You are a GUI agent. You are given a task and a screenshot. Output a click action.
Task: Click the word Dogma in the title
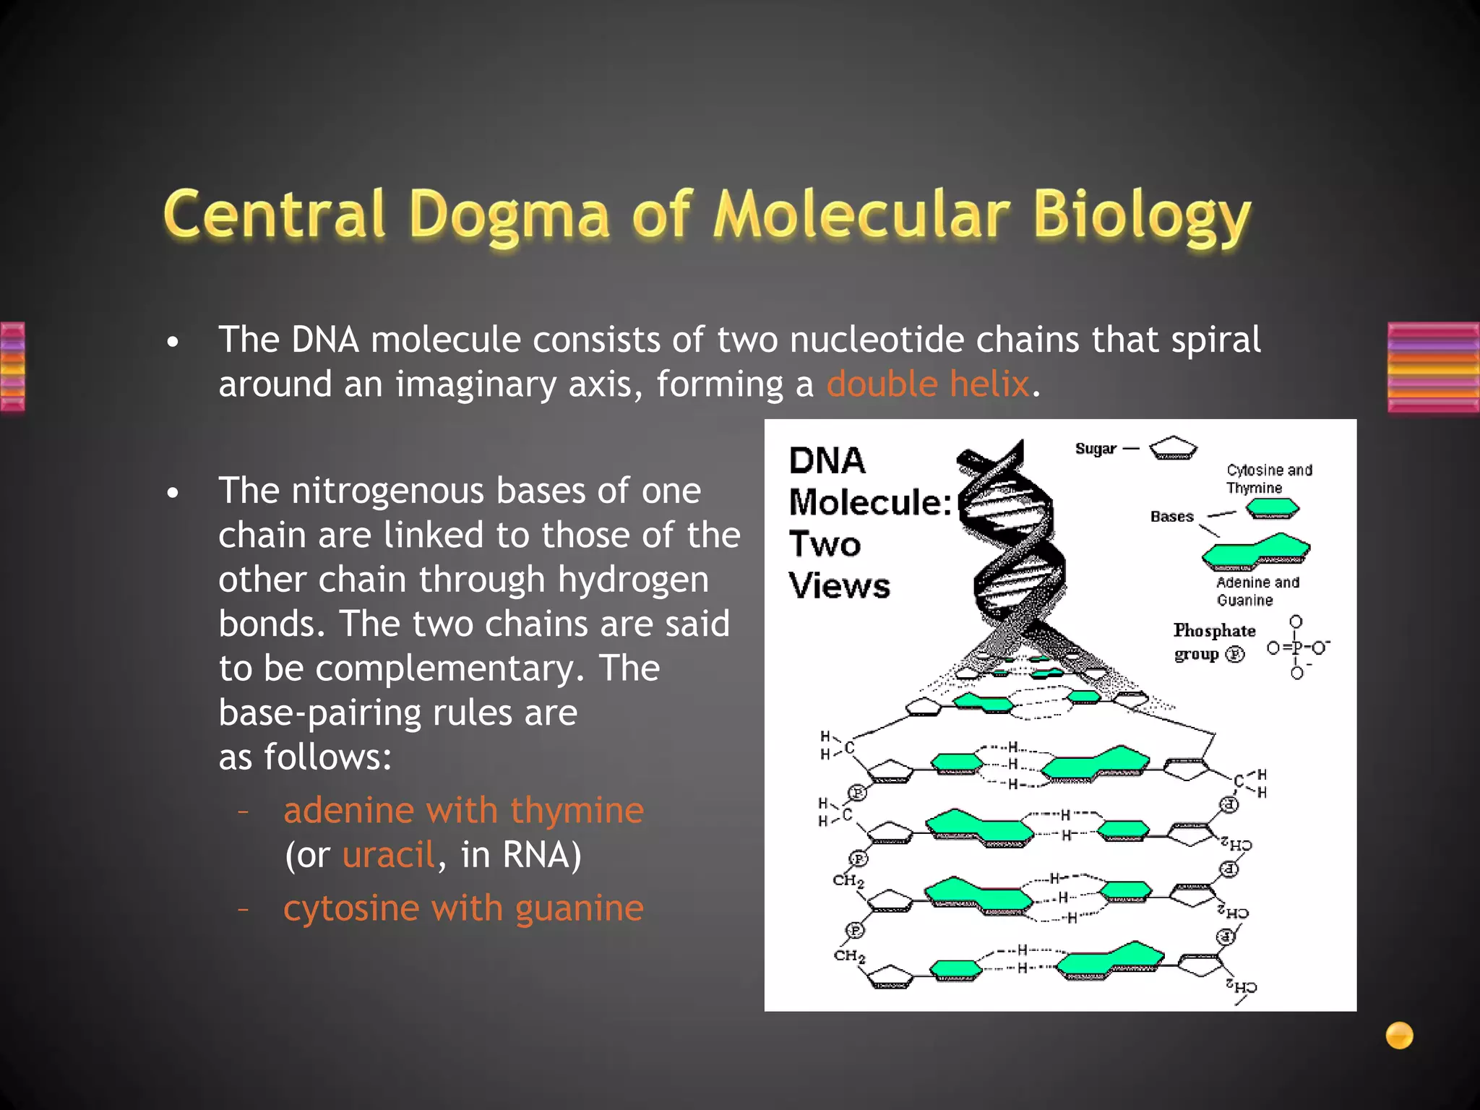[x=509, y=215]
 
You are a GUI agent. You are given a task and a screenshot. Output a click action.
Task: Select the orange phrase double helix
[x=927, y=384]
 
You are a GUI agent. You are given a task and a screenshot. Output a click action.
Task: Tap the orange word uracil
[x=388, y=855]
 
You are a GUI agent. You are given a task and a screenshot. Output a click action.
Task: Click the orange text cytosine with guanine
[x=463, y=908]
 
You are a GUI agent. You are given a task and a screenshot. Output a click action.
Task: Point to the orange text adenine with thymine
[x=463, y=810]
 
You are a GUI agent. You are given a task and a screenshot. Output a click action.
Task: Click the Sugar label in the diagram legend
[x=1096, y=449]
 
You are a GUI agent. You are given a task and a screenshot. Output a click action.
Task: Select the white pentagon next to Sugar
[x=1173, y=448]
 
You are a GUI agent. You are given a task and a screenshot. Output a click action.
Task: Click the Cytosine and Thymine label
[x=1268, y=478]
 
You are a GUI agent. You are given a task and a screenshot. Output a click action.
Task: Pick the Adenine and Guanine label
[x=1257, y=591]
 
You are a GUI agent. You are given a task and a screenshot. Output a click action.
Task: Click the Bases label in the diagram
[x=1171, y=517]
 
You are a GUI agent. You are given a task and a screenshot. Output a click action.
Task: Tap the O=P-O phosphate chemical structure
[x=1297, y=647]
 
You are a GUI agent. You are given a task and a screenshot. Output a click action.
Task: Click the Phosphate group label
[x=1213, y=642]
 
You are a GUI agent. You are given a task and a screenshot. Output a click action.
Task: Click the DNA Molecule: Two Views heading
[x=867, y=522]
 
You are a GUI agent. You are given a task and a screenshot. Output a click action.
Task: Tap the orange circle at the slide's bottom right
[x=1399, y=1036]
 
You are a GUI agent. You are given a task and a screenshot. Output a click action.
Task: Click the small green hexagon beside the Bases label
[x=1273, y=509]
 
